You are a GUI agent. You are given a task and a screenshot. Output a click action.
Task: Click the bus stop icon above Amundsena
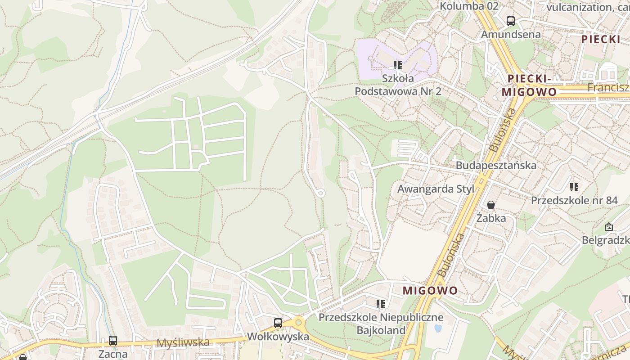point(510,21)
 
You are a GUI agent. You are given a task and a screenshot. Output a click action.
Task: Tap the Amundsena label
point(511,35)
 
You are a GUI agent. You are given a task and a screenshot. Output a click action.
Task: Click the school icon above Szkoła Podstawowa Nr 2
point(397,65)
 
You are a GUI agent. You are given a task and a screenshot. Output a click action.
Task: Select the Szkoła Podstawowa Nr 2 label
point(398,85)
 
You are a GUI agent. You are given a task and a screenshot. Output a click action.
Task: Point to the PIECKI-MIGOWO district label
point(529,85)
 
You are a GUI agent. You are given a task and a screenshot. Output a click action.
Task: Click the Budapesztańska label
point(496,165)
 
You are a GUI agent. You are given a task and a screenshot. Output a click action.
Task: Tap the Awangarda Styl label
point(436,189)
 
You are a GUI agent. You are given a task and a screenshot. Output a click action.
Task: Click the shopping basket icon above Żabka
point(491,205)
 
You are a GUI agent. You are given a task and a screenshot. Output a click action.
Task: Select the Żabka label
point(491,218)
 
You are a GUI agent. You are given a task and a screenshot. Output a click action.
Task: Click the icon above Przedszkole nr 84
point(574,187)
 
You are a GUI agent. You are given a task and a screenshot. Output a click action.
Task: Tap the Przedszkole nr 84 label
point(574,200)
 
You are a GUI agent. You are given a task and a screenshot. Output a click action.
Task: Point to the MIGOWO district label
point(430,290)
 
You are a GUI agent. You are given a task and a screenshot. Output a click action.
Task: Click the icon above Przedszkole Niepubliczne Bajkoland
point(381,304)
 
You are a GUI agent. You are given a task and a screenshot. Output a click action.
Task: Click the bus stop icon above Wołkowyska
point(278,323)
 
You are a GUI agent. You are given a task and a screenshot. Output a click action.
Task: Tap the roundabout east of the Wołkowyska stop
point(297,322)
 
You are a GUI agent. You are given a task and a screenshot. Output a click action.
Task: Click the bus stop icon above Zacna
point(112,341)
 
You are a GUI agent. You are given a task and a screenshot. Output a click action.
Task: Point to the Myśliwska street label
point(183,342)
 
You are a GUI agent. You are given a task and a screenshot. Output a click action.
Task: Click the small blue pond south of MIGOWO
point(438,328)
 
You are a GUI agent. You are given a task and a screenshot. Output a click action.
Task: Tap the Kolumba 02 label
point(469,6)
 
